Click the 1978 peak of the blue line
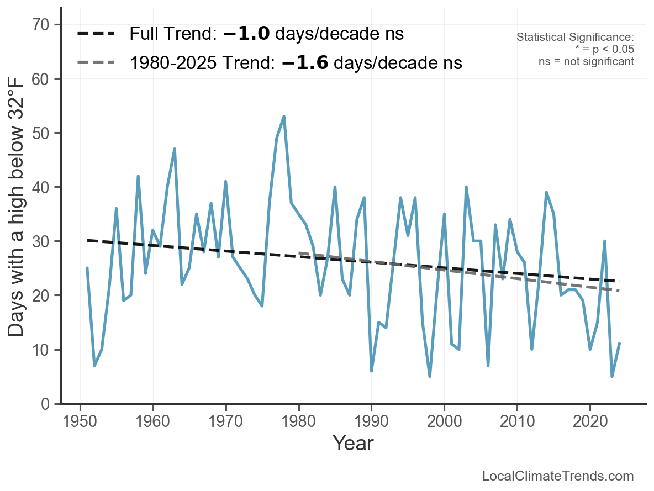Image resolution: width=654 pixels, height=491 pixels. pyautogui.click(x=284, y=117)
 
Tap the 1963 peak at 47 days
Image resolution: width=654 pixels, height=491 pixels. pyautogui.click(x=175, y=149)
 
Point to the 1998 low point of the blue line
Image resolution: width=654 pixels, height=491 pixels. pyautogui.click(x=430, y=376)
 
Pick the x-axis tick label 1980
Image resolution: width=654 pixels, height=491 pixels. pyautogui.click(x=298, y=421)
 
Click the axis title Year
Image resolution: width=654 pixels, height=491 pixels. pyautogui.click(x=353, y=444)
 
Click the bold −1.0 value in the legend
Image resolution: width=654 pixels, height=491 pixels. pyautogui.click(x=246, y=34)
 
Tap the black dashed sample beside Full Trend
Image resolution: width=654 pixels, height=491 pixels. pyautogui.click(x=96, y=34)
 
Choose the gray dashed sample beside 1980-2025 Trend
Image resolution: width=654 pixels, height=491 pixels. pyautogui.click(x=96, y=62)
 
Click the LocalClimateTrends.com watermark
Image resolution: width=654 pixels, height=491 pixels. pyautogui.click(x=558, y=476)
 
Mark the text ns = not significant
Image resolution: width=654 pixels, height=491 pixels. pyautogui.click(x=586, y=61)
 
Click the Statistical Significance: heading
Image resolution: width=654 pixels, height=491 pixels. pyautogui.click(x=575, y=38)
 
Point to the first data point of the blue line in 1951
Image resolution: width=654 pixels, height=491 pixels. pyautogui.click(x=87, y=268)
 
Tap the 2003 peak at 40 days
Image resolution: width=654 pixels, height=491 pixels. pyautogui.click(x=466, y=187)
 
